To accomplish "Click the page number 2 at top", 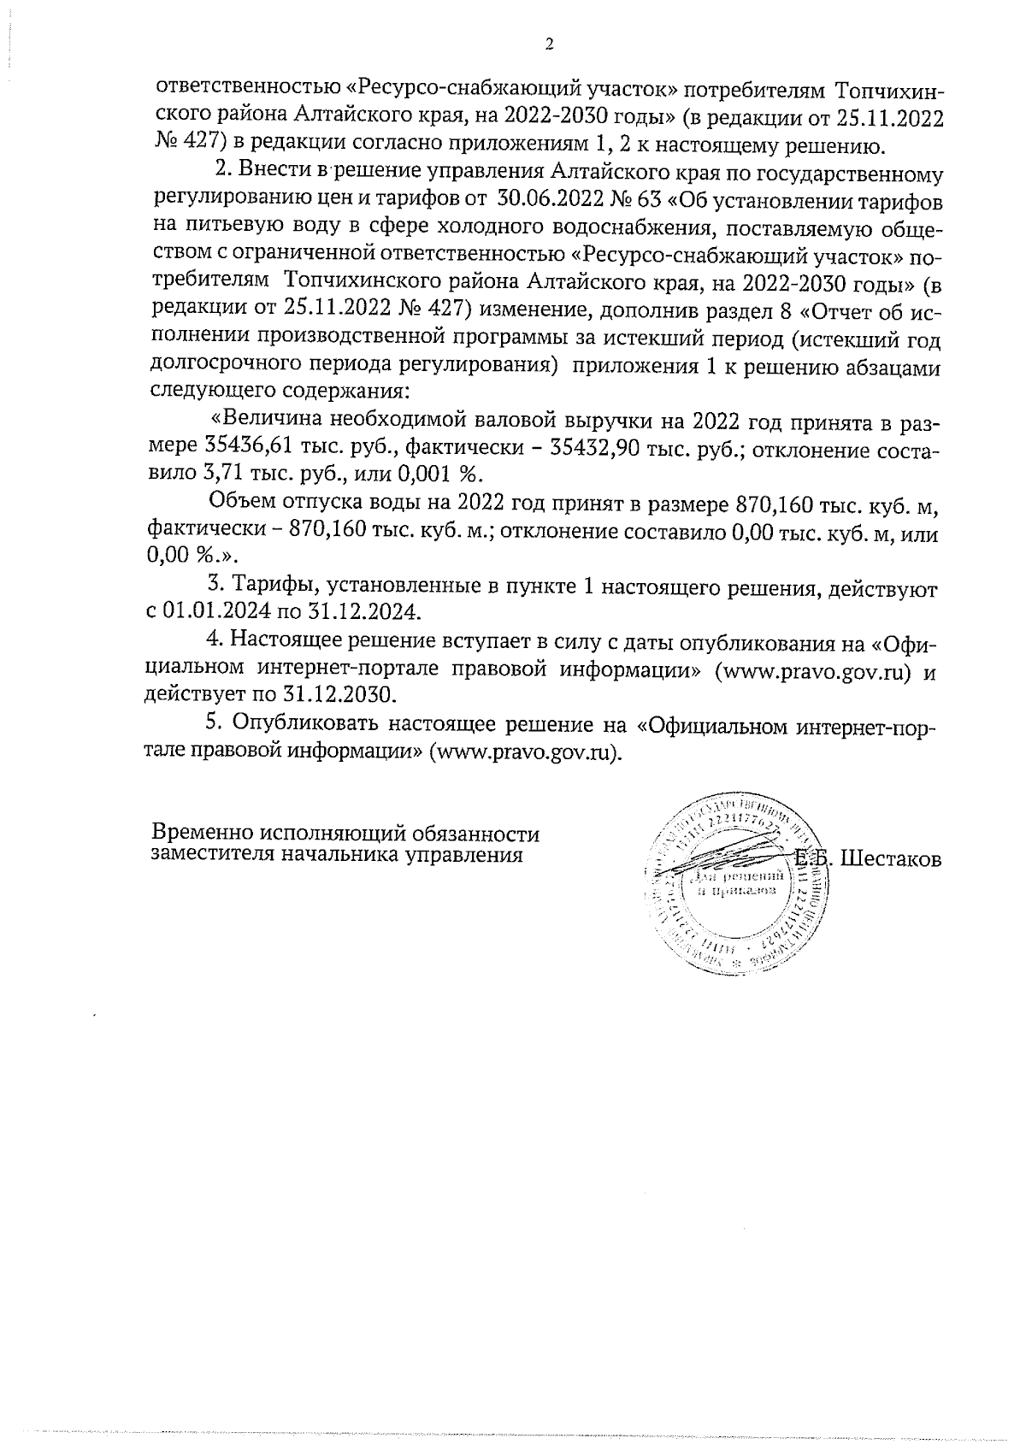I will click(x=548, y=45).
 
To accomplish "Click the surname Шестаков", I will click(x=890, y=859).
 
